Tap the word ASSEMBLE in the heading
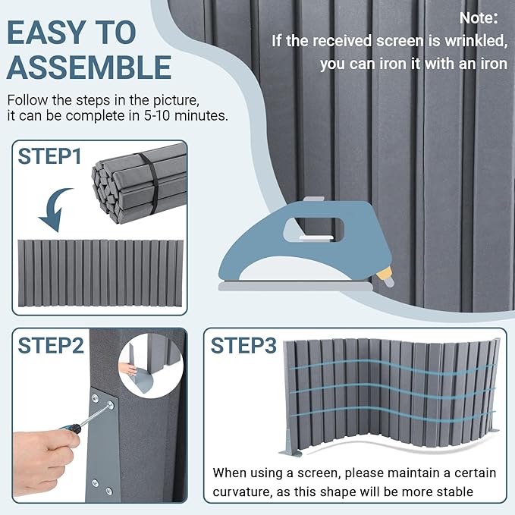click(x=89, y=68)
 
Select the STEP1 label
click(x=49, y=156)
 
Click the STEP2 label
click(x=51, y=346)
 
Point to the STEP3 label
click(x=243, y=346)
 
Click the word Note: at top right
click(x=479, y=17)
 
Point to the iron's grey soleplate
click(x=296, y=287)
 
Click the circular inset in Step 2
click(x=151, y=366)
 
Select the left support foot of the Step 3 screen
click(x=290, y=444)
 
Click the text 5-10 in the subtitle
click(x=157, y=115)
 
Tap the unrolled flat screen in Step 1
click(x=100, y=273)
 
